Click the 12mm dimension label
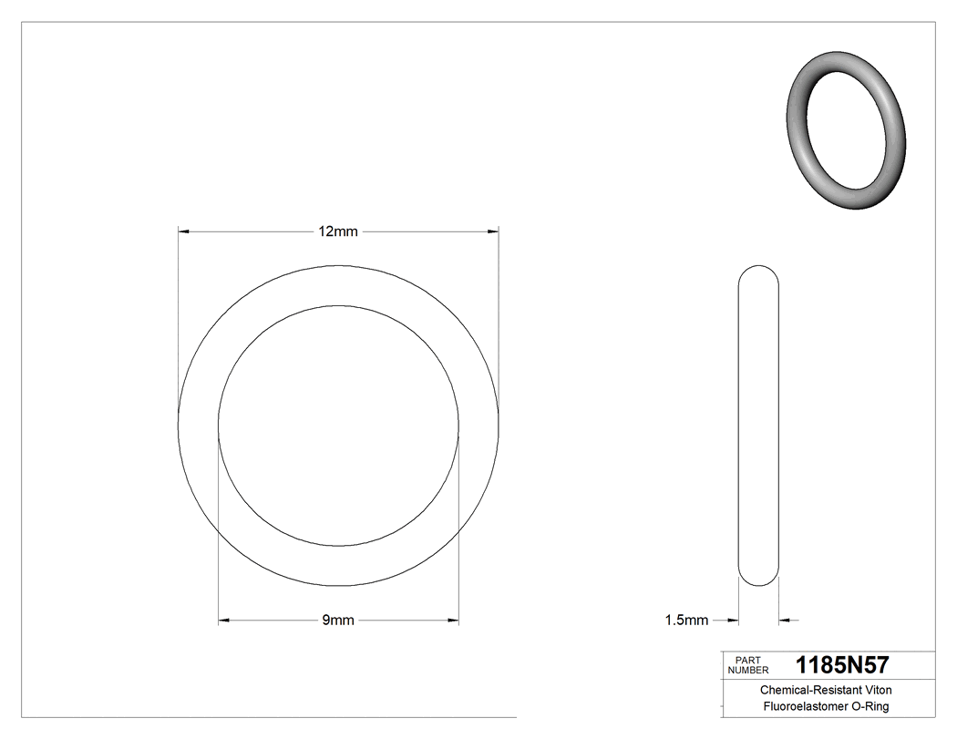pos(338,231)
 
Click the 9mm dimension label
pos(338,621)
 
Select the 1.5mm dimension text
pos(686,621)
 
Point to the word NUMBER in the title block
pos(748,670)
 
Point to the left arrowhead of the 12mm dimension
pos(183,231)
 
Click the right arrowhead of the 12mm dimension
pos(493,231)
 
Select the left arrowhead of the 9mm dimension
pos(224,621)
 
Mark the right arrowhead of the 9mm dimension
pos(453,621)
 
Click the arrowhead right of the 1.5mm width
pos(785,621)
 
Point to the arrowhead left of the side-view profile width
pos(732,621)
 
